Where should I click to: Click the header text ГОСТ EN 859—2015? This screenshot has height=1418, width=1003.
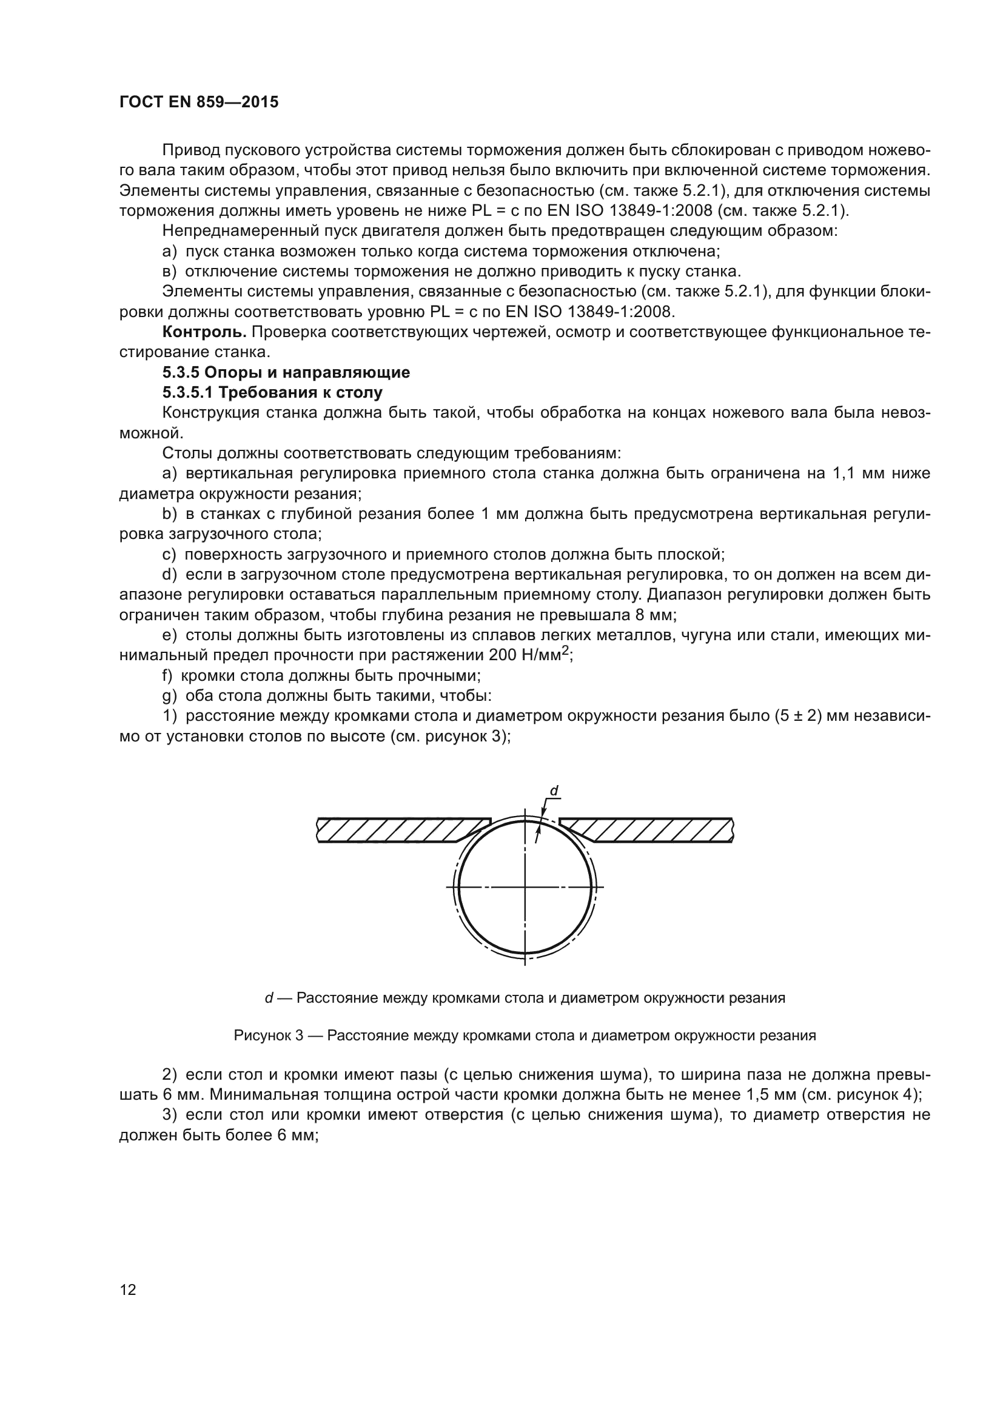click(x=198, y=102)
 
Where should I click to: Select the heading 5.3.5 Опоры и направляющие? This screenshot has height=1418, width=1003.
click(x=286, y=372)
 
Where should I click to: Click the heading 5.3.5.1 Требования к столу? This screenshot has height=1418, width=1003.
click(x=272, y=393)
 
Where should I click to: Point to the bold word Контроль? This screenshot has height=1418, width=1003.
click(x=204, y=332)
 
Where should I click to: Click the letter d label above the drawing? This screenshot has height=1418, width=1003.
click(x=554, y=791)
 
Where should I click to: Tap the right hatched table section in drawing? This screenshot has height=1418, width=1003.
click(x=655, y=829)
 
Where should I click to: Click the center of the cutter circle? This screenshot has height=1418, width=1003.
click(x=525, y=888)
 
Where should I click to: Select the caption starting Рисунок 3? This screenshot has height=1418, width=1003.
click(x=525, y=1035)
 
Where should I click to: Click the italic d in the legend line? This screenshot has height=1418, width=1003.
click(x=269, y=998)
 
